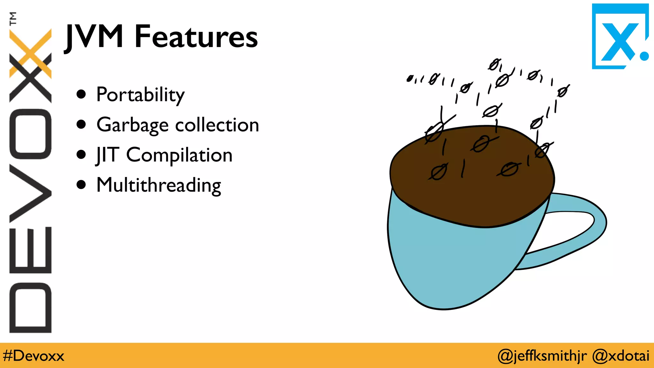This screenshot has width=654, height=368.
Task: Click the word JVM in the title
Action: coord(94,37)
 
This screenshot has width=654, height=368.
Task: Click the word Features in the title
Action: coord(196,37)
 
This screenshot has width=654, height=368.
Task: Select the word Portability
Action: coord(141,95)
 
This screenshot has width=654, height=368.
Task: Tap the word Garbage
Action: coord(133,125)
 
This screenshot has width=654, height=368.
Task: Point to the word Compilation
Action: coord(179,155)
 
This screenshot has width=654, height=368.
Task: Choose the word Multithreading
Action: coord(159,185)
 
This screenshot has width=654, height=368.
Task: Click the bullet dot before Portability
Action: coord(81,94)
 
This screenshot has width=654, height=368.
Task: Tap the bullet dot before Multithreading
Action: coord(81,185)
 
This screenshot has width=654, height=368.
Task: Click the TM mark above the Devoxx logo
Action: coord(13,19)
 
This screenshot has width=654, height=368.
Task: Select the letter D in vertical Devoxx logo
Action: coord(30,307)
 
